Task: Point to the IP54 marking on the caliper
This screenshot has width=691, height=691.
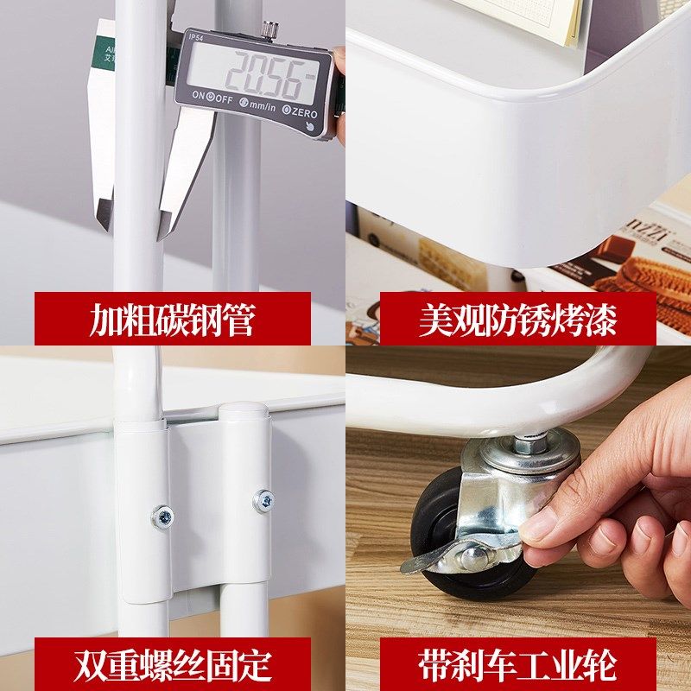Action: (197, 37)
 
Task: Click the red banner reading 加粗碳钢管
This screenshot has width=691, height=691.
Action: (173, 319)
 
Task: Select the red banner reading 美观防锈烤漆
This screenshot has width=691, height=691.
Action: (517, 319)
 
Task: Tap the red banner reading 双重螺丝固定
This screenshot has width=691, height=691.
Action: (173, 664)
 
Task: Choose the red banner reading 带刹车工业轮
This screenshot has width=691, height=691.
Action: (517, 664)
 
